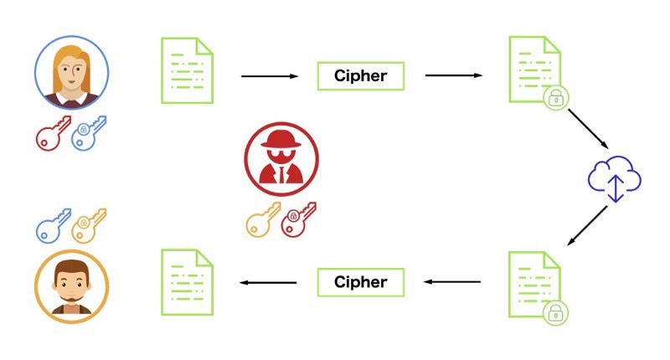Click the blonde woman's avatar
[x=71, y=72]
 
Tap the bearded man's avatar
[x=71, y=286]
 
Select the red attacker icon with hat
[x=281, y=159]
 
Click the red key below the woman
[x=53, y=133]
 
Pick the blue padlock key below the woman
[x=89, y=133]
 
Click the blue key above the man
[x=53, y=226]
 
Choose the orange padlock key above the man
[x=89, y=226]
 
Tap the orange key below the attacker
[x=263, y=219]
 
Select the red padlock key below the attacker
[x=299, y=219]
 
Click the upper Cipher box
[x=361, y=76]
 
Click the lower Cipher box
[x=361, y=282]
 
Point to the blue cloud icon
[x=615, y=178]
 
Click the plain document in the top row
[x=187, y=70]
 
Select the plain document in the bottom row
[x=187, y=282]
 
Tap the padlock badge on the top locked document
[x=555, y=98]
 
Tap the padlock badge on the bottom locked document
[x=555, y=313]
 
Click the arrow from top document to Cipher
[x=270, y=76]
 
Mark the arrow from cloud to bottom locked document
[x=587, y=225]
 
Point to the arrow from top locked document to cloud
[x=588, y=129]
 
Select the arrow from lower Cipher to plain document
[x=268, y=282]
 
